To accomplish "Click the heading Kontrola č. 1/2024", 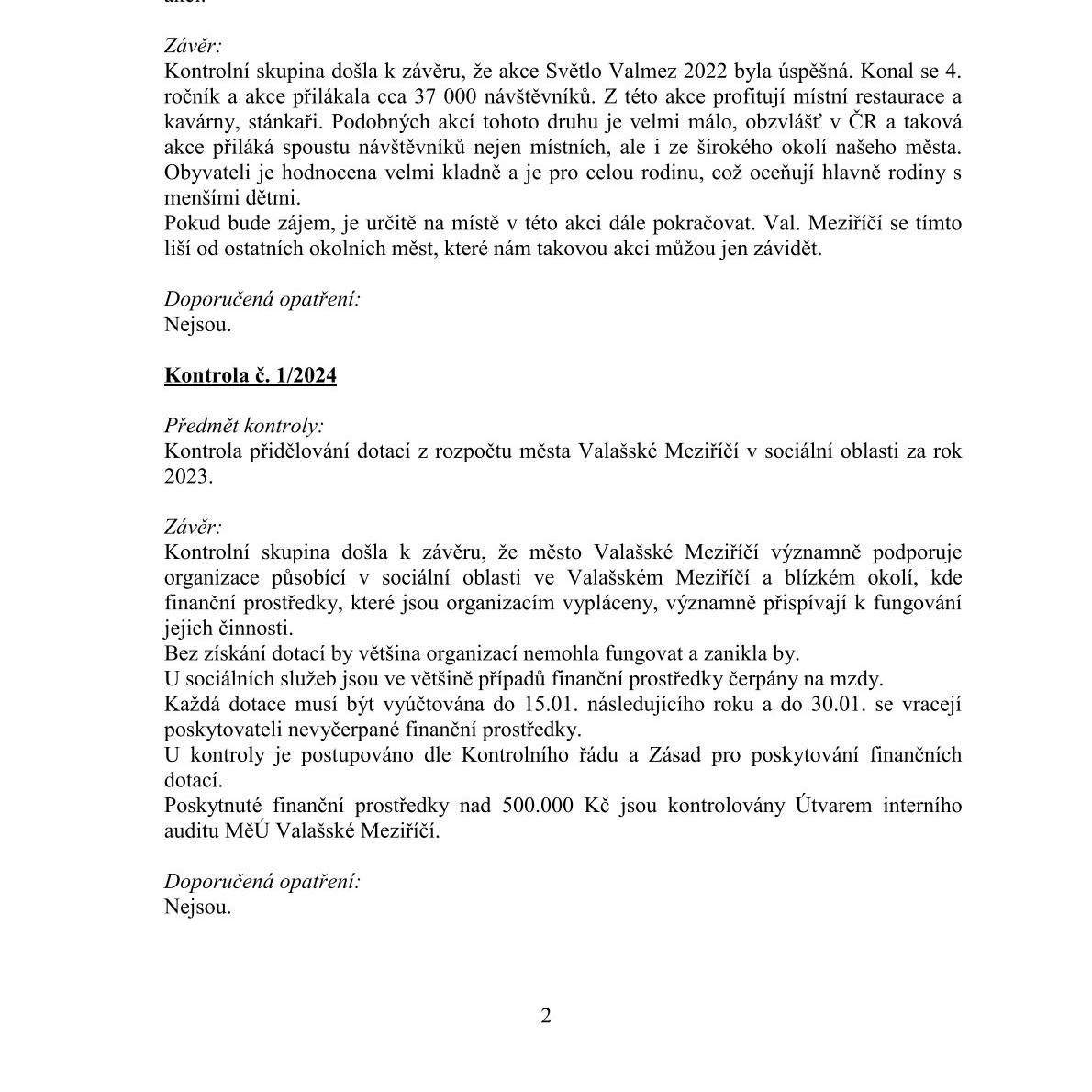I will pyautogui.click(x=250, y=375).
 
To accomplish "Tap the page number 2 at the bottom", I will pyautogui.click(x=546, y=1015).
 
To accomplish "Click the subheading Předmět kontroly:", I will pyautogui.click(x=243, y=426).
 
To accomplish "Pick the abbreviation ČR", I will pyautogui.click(x=859, y=122).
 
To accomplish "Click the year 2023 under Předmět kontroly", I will pyautogui.click(x=186, y=476).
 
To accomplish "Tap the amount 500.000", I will pyautogui.click(x=538, y=806).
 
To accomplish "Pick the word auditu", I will pyautogui.click(x=192, y=830).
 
